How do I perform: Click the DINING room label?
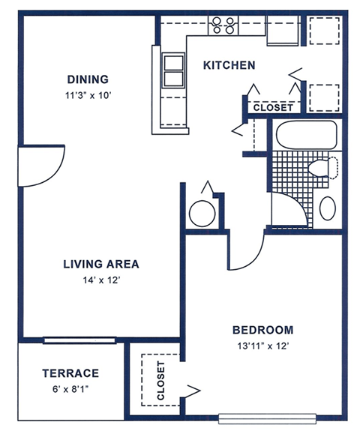(88, 79)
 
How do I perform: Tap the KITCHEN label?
(229, 66)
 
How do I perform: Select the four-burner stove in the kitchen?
(223, 25)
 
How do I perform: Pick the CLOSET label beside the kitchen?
(273, 108)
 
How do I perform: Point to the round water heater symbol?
(202, 213)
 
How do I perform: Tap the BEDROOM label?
(262, 330)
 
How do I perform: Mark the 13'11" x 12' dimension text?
(262, 346)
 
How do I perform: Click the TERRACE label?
(70, 373)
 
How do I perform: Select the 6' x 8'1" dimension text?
(70, 388)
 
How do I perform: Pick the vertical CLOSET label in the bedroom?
(160, 380)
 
